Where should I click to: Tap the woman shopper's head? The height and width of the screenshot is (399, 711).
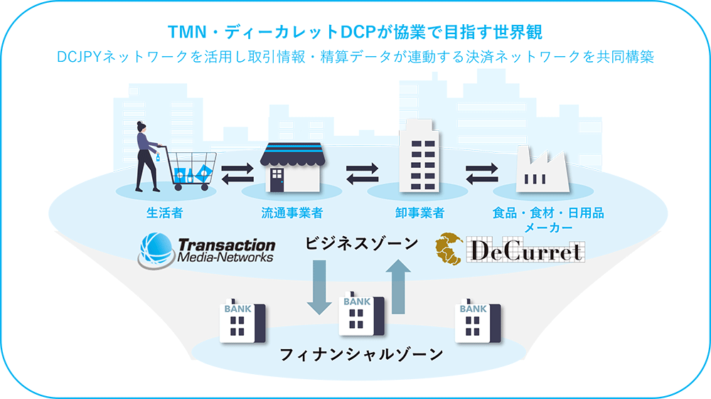point(141,128)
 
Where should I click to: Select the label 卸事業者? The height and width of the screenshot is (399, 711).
point(419,213)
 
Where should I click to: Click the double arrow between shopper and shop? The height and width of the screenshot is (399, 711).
point(237,174)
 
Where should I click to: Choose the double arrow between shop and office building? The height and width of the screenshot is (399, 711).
point(362,174)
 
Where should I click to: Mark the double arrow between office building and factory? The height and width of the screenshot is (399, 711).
point(481,174)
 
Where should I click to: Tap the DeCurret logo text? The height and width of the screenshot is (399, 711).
point(525,250)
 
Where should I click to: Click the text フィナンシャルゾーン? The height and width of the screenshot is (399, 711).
point(362,353)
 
